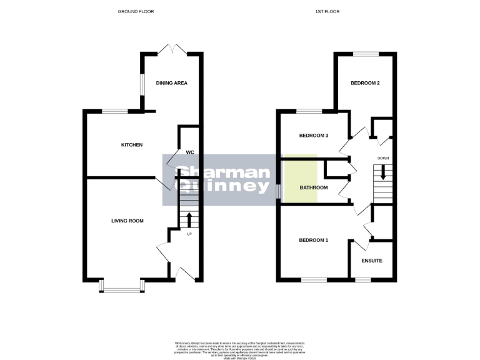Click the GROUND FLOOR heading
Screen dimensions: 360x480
(x=136, y=11)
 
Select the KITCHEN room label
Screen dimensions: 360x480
(x=132, y=145)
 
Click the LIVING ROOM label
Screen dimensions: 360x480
(x=127, y=221)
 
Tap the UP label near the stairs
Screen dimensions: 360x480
(x=189, y=235)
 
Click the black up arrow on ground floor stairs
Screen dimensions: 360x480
(x=189, y=219)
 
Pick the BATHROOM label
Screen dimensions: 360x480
(x=314, y=187)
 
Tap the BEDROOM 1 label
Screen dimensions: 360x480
(x=314, y=241)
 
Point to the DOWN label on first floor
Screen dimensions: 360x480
(x=383, y=158)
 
